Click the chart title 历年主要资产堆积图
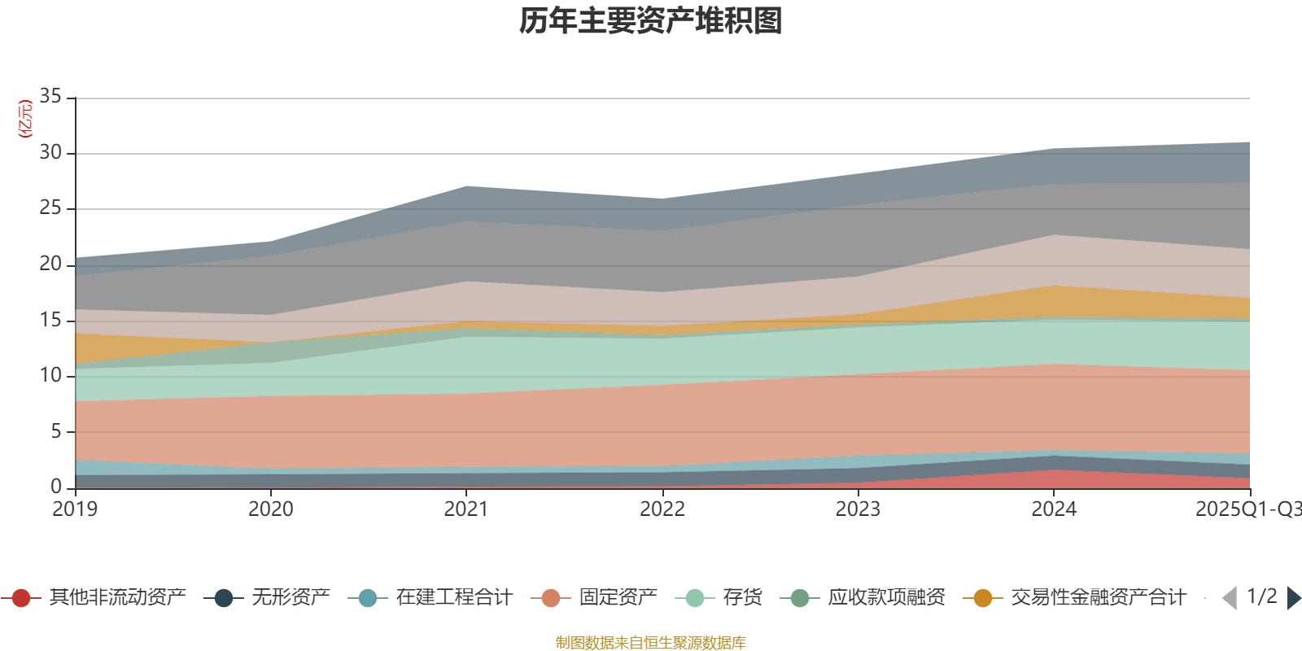click(651, 21)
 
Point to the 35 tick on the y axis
click(50, 97)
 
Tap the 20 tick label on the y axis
click(50, 264)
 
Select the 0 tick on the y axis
click(55, 487)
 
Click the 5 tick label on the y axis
click(55, 431)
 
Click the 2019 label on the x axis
click(75, 509)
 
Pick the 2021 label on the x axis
click(466, 509)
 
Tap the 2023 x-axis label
click(858, 509)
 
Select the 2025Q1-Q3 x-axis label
click(1247, 509)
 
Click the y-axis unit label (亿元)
click(25, 119)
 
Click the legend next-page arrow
click(1294, 598)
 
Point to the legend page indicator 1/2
click(1261, 596)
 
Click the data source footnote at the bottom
click(651, 643)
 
